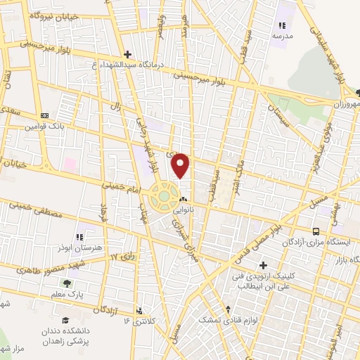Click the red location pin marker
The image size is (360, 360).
(181, 165)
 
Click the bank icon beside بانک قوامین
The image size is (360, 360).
(44, 116)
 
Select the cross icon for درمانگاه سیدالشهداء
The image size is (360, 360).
(127, 53)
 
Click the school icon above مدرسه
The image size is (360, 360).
(282, 25)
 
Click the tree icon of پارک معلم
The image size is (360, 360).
(67, 283)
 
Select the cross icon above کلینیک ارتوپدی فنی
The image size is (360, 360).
(263, 266)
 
